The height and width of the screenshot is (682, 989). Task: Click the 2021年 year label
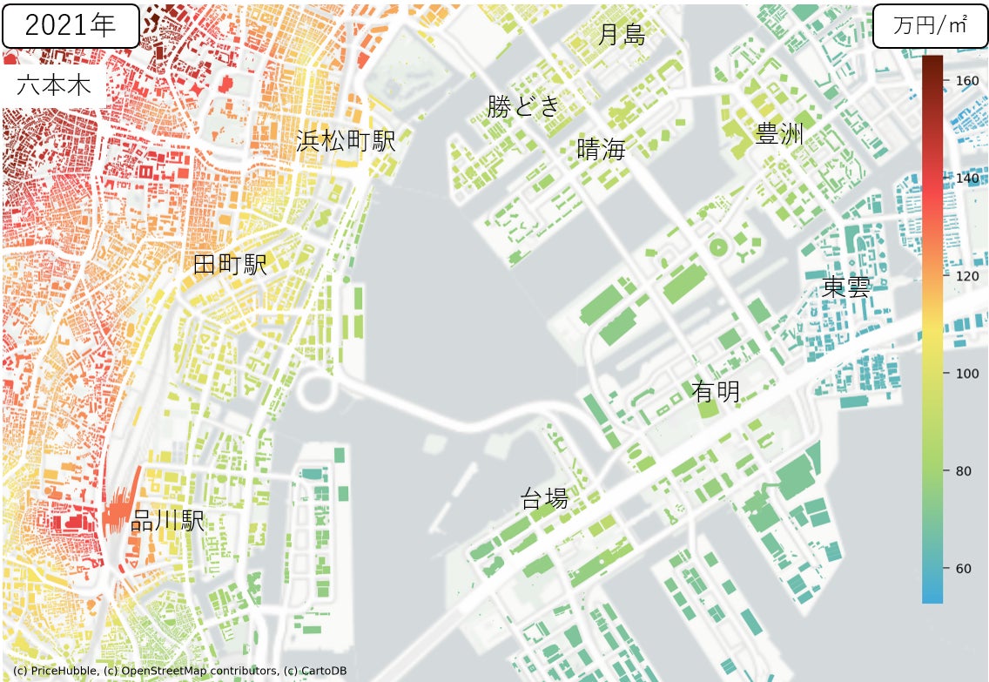[x=70, y=25]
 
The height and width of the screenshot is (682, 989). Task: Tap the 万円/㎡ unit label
[x=930, y=26]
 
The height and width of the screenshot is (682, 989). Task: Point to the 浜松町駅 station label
[x=346, y=140]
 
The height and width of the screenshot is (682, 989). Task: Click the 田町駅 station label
[x=230, y=266]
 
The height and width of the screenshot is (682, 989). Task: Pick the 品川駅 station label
[x=167, y=522]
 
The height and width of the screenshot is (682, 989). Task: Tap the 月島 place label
[x=622, y=35]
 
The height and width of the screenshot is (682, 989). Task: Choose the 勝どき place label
[x=523, y=106]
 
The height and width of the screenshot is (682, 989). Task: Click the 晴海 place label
[x=602, y=149]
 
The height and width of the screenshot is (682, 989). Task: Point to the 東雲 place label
[x=846, y=287]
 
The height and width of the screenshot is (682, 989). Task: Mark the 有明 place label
[x=716, y=392]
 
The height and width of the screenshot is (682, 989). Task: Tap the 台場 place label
[x=544, y=499]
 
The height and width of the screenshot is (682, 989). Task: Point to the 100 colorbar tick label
[x=967, y=374]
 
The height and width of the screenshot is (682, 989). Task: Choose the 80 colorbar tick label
[x=964, y=471]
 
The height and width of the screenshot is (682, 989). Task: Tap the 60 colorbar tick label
[x=964, y=569]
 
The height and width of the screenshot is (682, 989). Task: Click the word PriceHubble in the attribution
[x=61, y=671]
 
